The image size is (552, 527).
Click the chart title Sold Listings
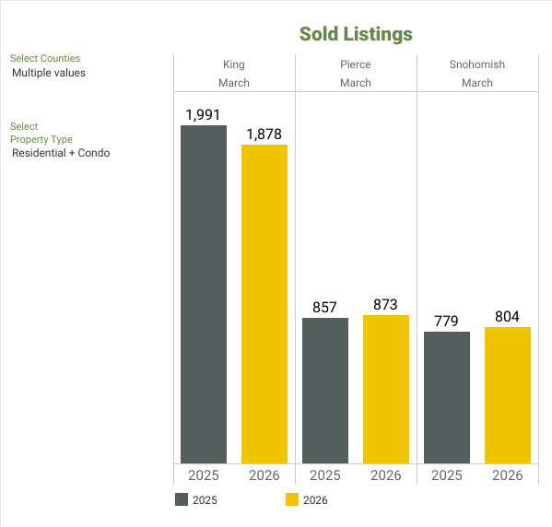tap(356, 34)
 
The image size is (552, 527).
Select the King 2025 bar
tap(204, 294)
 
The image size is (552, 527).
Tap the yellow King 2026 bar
tap(264, 304)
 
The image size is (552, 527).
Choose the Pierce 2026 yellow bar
tap(386, 389)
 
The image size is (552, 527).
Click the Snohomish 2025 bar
tap(447, 397)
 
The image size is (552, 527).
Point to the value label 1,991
tap(204, 115)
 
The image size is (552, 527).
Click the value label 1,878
tap(264, 135)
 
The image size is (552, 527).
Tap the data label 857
tap(325, 307)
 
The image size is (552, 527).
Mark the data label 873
tap(386, 304)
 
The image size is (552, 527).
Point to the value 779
tap(447, 321)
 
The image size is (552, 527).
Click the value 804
tap(508, 316)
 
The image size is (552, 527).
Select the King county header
tap(234, 65)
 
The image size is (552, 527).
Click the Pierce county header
tap(356, 65)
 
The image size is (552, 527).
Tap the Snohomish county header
tap(477, 65)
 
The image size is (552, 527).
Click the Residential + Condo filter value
tap(61, 153)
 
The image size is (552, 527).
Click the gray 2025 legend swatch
tap(182, 500)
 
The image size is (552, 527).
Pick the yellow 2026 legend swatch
tap(292, 500)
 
